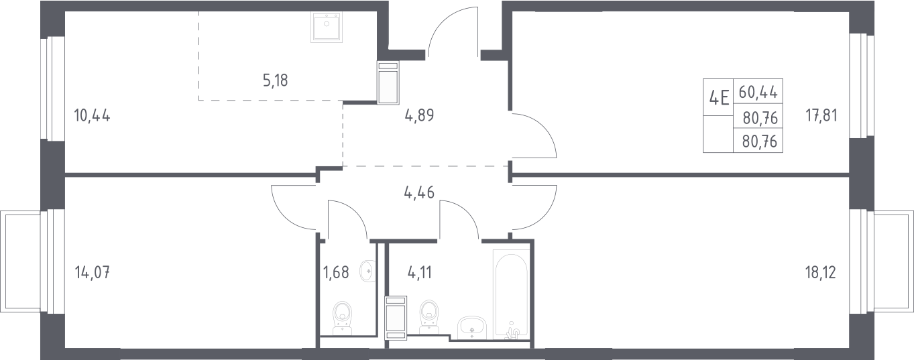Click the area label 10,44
(93, 116)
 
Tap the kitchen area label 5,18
(276, 80)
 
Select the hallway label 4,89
(419, 115)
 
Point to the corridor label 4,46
(419, 192)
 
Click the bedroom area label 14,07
(93, 272)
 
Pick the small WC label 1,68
(336, 272)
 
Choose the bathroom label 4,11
(420, 272)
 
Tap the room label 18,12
(821, 272)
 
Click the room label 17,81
(821, 116)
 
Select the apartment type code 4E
(719, 99)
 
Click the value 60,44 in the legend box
(758, 92)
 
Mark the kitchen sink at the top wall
(326, 27)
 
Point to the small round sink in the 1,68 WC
(367, 270)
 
